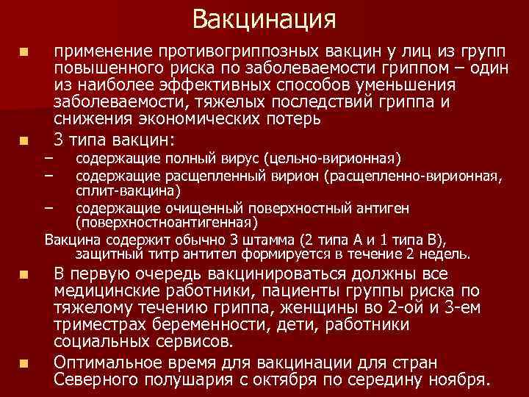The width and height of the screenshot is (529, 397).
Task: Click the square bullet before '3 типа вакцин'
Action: [24, 139]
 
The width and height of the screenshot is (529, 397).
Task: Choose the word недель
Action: [444, 254]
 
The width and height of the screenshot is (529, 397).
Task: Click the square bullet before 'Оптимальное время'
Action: [24, 362]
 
